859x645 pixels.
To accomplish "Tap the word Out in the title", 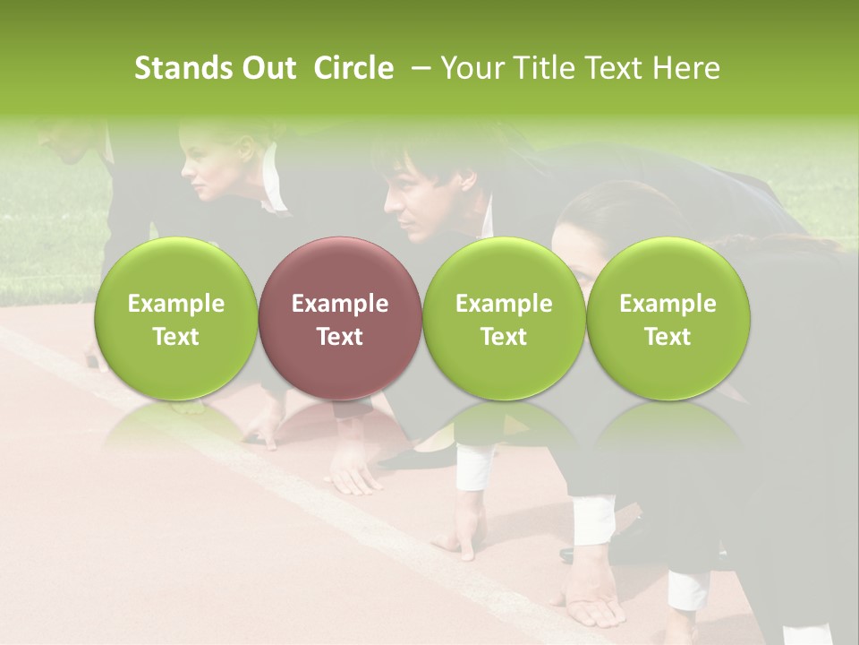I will tap(266, 68).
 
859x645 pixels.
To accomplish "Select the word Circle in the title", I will tap(353, 68).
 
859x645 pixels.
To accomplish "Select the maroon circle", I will tap(340, 319).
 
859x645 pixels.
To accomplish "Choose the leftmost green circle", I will tap(176, 319).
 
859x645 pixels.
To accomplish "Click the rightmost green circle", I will tap(668, 319).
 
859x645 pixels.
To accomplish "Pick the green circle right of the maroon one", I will tap(504, 319).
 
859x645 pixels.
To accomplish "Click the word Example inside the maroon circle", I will tap(340, 304).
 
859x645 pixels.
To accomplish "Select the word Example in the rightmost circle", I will tap(668, 304).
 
